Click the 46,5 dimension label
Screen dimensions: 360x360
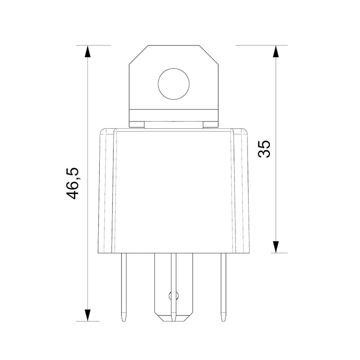(72, 184)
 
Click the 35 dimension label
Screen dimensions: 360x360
(264, 149)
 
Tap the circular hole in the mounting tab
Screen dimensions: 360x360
(174, 84)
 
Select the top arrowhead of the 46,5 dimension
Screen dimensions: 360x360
(87, 51)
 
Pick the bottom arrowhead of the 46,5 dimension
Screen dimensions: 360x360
(87, 315)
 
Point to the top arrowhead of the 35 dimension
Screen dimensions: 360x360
(276, 51)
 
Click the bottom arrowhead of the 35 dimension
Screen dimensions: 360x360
(276, 247)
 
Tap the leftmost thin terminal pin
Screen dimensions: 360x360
(124, 287)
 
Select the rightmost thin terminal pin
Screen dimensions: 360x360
(223, 287)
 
